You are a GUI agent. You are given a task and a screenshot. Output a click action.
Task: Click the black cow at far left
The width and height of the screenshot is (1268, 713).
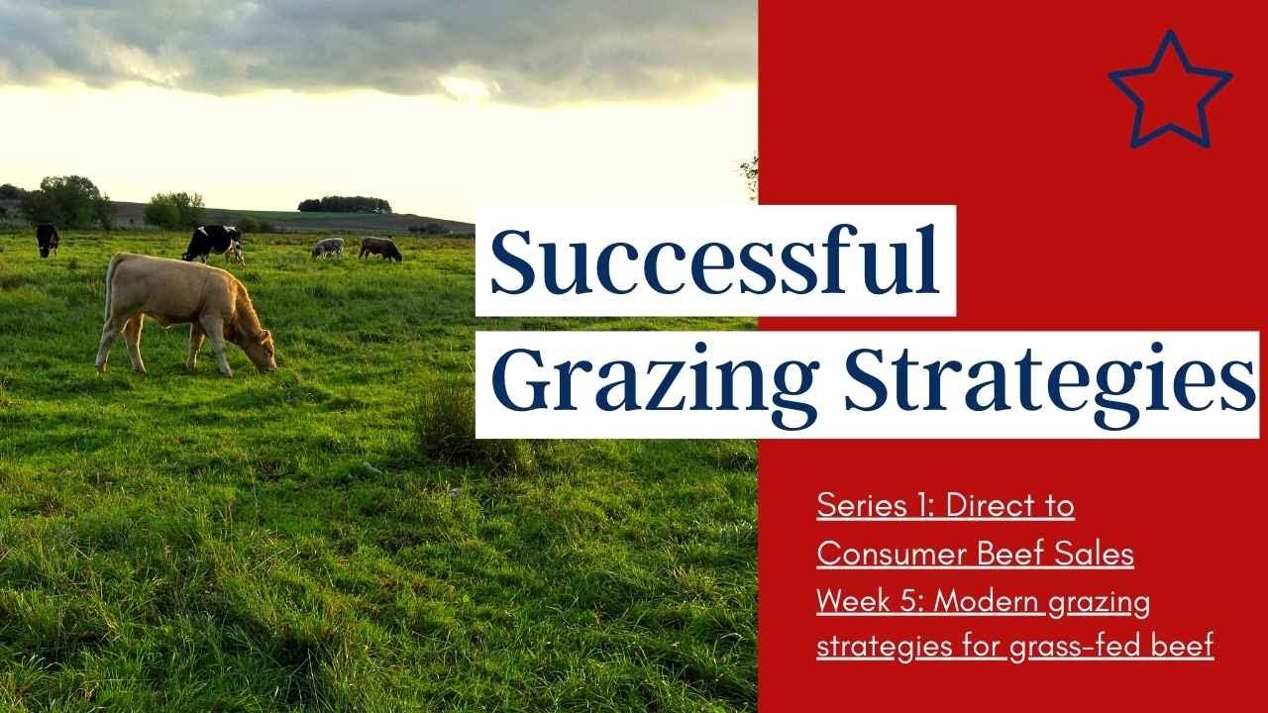pyautogui.click(x=48, y=239)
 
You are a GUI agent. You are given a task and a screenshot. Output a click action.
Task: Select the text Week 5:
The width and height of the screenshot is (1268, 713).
pyautogui.click(x=870, y=601)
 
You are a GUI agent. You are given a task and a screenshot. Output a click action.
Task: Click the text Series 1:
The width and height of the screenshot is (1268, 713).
pyautogui.click(x=876, y=506)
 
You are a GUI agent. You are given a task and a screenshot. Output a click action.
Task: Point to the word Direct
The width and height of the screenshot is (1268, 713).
pyautogui.click(x=994, y=506)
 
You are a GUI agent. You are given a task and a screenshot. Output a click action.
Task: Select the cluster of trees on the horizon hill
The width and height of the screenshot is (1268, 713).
pyautogui.click(x=344, y=204)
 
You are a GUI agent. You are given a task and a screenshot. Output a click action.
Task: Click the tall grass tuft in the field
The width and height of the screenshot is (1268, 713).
pyautogui.click(x=448, y=416)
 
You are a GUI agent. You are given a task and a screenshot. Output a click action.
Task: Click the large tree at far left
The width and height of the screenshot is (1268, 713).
pyautogui.click(x=69, y=201)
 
